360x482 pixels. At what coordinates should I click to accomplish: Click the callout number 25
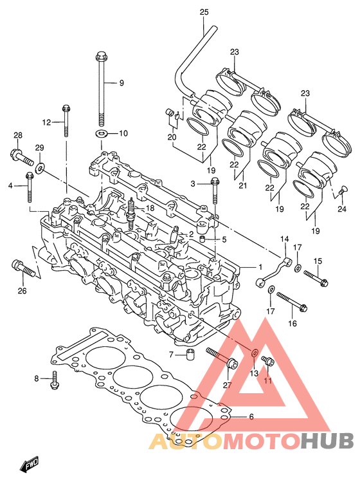(204, 12)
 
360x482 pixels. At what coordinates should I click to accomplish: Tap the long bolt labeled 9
(100, 89)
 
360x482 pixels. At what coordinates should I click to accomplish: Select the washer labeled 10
(101, 134)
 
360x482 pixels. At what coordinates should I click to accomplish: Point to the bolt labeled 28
(22, 156)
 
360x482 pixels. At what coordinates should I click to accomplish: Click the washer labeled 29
(40, 167)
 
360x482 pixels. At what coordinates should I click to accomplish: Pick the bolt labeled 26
(24, 268)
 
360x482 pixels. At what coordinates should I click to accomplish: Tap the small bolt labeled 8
(55, 380)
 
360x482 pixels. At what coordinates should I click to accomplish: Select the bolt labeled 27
(222, 358)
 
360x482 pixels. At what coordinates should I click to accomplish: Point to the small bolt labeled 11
(268, 360)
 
